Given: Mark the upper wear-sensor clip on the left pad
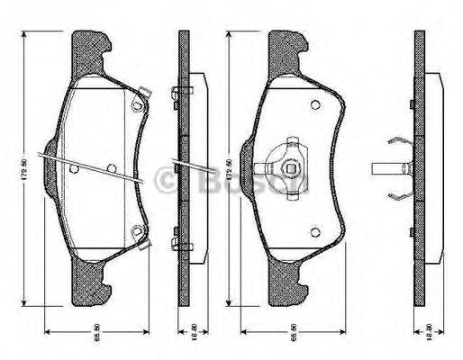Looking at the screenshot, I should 138,102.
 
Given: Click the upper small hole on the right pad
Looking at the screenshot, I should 314,106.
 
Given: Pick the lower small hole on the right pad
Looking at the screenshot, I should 314,230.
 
